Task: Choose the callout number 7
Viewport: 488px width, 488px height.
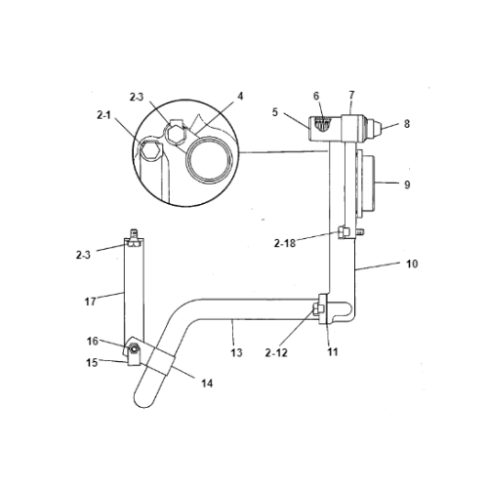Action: pos(315,96)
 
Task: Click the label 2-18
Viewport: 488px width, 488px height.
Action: pos(406,124)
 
